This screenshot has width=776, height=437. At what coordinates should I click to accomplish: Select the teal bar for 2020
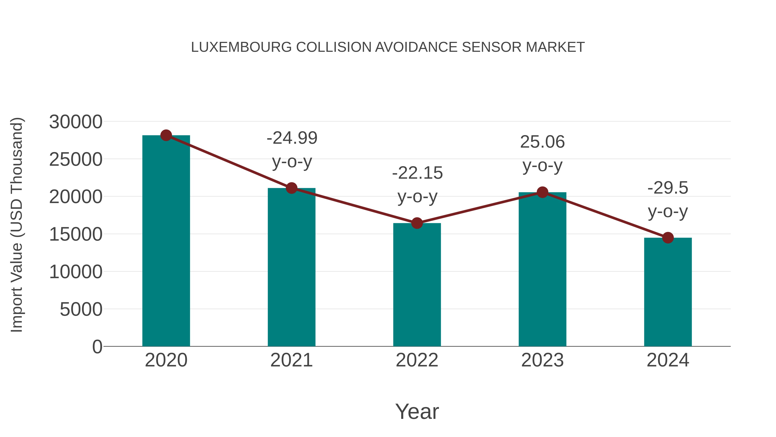coord(166,241)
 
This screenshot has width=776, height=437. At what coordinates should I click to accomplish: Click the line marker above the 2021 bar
coord(292,188)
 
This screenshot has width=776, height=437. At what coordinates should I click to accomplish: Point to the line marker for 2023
coord(543,192)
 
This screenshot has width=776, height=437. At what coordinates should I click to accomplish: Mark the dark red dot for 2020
coord(166,135)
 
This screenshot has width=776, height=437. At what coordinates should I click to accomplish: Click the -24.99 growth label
coord(292,138)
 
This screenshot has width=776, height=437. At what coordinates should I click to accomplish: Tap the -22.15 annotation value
coord(417,173)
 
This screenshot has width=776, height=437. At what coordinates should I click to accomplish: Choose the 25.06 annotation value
coord(543,142)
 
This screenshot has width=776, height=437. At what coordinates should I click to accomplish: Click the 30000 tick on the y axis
coord(76,122)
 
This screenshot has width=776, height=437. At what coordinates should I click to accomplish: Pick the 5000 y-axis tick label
coord(81,309)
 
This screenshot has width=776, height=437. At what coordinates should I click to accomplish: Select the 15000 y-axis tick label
coord(76,234)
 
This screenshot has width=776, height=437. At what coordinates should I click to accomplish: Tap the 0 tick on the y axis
coord(97,347)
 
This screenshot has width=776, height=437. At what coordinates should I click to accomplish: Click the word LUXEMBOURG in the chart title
coord(241,47)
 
